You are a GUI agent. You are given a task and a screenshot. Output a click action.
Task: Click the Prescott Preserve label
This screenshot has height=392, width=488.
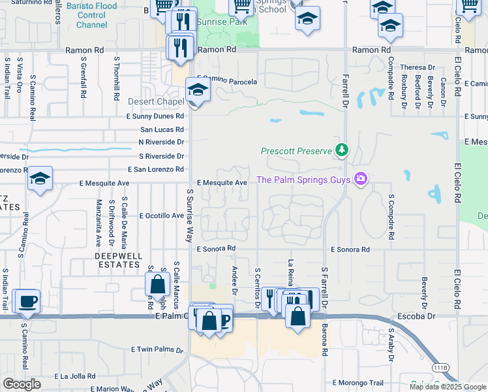297,151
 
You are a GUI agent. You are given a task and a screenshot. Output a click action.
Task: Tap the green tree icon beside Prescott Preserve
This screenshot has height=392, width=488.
341,150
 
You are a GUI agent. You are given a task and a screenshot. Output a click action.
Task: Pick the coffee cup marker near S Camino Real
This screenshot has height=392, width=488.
26,301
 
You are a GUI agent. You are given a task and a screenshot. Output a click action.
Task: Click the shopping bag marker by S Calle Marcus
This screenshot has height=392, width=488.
157,284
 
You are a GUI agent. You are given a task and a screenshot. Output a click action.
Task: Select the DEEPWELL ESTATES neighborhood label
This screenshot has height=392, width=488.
117,260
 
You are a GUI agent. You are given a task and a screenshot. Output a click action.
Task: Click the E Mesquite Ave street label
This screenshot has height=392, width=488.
222,183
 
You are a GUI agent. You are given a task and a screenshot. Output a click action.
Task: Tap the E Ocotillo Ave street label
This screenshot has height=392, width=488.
155,215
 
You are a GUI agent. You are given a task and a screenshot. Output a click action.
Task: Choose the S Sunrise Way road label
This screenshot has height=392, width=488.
190,216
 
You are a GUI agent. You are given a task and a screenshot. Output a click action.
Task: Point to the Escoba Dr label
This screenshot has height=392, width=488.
416,316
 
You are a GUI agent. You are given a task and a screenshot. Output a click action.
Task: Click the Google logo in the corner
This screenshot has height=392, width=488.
22,384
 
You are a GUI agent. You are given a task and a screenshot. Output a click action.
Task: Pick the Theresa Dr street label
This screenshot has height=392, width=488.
418,67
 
